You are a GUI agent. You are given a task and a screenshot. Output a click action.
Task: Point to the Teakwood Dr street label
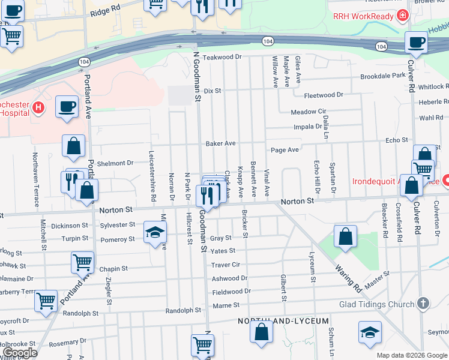[221, 57]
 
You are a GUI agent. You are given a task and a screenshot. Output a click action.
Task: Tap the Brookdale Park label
[383, 76]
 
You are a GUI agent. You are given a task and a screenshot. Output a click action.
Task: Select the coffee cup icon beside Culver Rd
[415, 42]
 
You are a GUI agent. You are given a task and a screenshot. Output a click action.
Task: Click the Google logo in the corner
[19, 353]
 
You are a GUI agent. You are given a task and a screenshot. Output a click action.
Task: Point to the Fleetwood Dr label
[324, 95]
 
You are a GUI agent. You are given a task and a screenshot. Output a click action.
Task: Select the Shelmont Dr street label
[115, 163]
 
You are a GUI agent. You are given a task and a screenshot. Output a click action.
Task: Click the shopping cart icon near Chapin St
[82, 262]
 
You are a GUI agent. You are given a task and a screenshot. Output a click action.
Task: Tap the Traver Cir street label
[226, 264]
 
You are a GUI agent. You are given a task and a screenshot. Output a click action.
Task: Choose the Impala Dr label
[307, 127]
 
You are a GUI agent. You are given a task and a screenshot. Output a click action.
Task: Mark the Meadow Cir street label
[308, 112]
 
